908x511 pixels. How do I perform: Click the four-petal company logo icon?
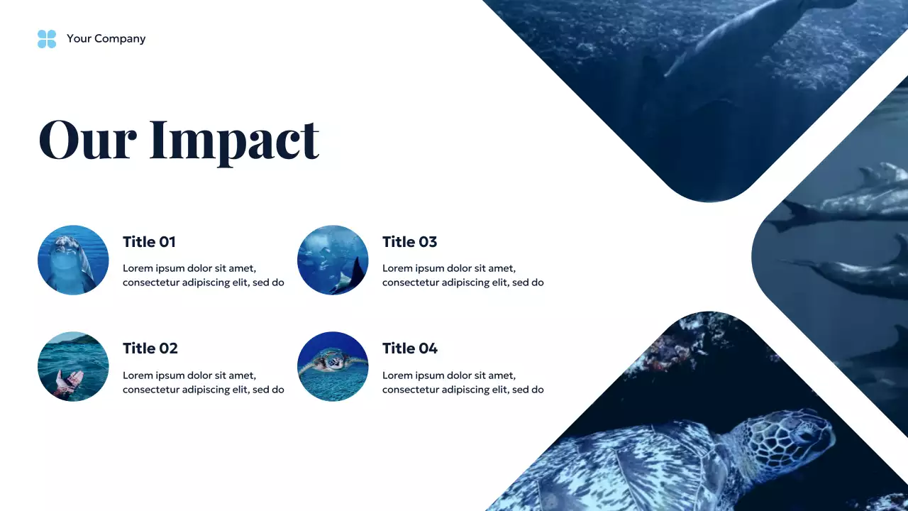pyautogui.click(x=47, y=39)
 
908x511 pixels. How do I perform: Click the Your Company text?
pyautogui.click(x=106, y=39)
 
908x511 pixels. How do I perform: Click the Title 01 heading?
pyautogui.click(x=149, y=242)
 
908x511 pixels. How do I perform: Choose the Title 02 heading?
pyautogui.click(x=150, y=348)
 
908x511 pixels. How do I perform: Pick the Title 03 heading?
pyautogui.click(x=409, y=242)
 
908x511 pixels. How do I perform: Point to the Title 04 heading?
pyautogui.click(x=410, y=348)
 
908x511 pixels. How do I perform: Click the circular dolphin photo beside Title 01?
pyautogui.click(x=73, y=260)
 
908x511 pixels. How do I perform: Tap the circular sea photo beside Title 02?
pyautogui.click(x=73, y=366)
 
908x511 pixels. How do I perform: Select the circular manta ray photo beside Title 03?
pyautogui.click(x=333, y=260)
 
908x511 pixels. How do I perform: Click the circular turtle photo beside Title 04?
pyautogui.click(x=333, y=366)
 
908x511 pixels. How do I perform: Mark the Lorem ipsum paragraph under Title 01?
pyautogui.click(x=203, y=275)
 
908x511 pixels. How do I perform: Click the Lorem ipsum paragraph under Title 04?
pyautogui.click(x=463, y=383)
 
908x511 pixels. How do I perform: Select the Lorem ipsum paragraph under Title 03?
pyautogui.click(x=463, y=275)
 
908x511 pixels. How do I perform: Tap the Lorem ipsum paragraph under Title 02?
pyautogui.click(x=203, y=383)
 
